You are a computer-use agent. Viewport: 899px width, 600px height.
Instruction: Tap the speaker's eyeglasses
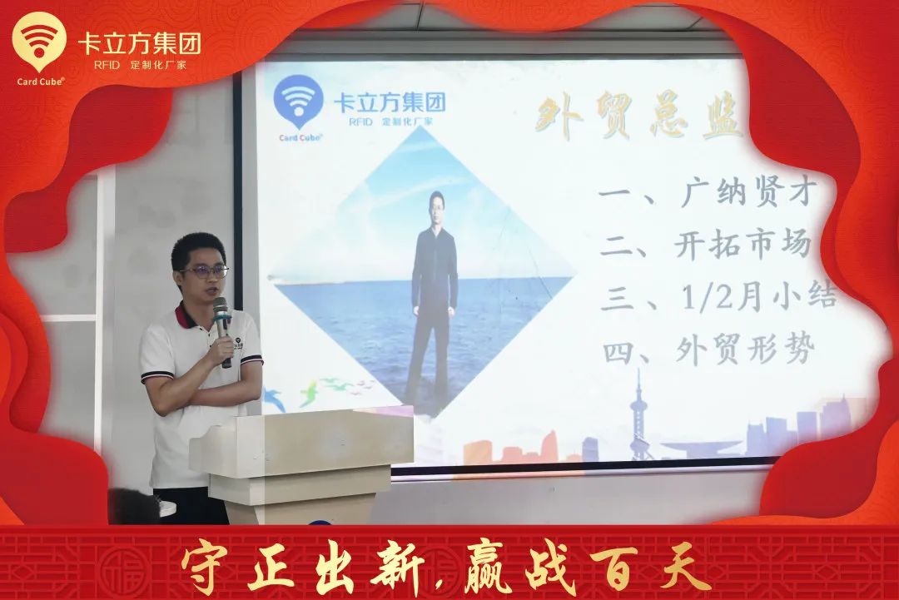[205, 271]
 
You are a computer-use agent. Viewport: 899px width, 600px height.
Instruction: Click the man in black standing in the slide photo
[434, 291]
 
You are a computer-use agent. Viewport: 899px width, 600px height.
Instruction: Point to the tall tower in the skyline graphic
[639, 416]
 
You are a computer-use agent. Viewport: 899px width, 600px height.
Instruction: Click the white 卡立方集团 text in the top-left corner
[139, 43]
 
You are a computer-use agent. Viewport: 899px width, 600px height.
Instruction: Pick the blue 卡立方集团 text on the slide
[389, 102]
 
